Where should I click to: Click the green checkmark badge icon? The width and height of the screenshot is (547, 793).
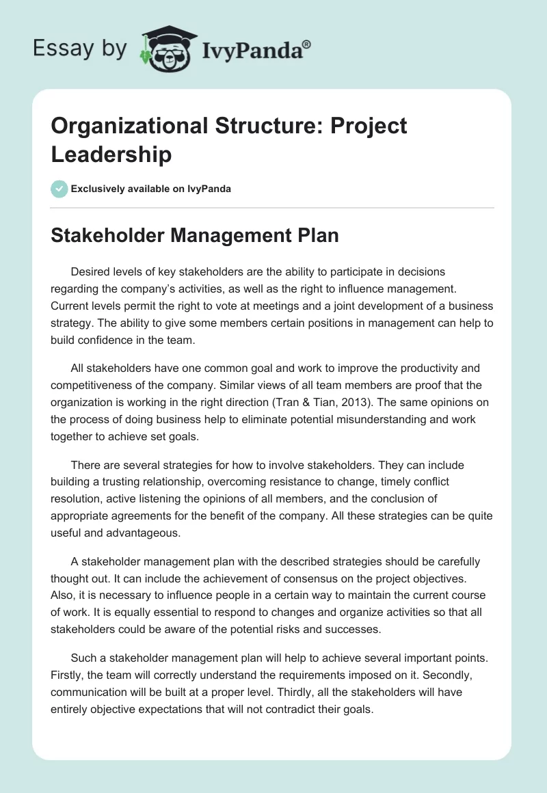coord(59,189)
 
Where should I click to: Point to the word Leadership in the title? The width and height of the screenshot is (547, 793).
coord(111,154)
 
